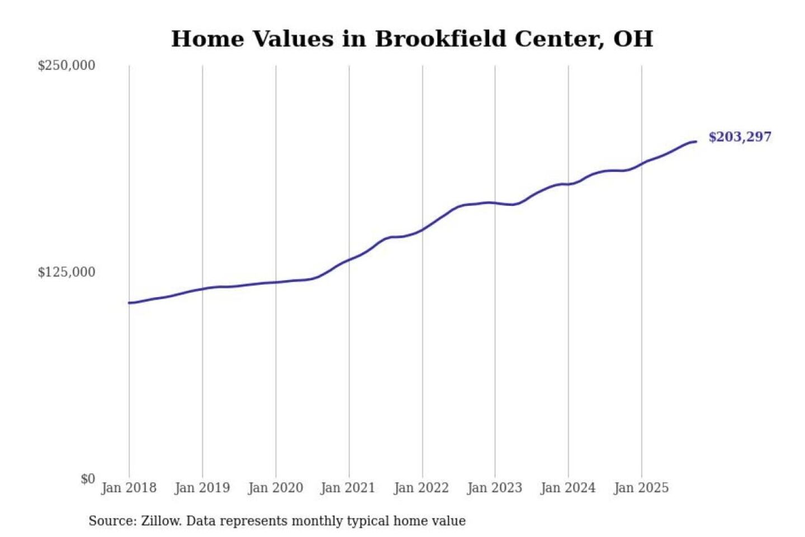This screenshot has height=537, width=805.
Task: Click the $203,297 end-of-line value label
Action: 739,137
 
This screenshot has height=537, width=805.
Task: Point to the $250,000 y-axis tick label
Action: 66,65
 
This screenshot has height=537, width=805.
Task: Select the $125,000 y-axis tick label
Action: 66,272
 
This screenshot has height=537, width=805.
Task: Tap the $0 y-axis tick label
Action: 88,479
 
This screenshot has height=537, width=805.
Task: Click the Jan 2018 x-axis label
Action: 129,488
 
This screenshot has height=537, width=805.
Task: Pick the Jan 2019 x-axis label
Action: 202,488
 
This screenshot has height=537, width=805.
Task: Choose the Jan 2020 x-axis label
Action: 275,488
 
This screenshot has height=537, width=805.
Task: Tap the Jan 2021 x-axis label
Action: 348,488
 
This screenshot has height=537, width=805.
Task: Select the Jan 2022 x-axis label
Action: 421,488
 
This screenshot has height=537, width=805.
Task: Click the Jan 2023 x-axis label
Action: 494,488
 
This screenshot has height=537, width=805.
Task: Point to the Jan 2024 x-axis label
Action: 567,488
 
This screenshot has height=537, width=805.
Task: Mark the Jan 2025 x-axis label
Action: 641,488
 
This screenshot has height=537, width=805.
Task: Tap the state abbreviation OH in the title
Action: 633,39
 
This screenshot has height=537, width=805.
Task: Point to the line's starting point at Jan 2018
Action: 129,303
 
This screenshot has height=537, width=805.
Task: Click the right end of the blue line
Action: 696,142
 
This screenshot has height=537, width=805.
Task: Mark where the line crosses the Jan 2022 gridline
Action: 423,229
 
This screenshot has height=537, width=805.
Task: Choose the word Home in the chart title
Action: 207,39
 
